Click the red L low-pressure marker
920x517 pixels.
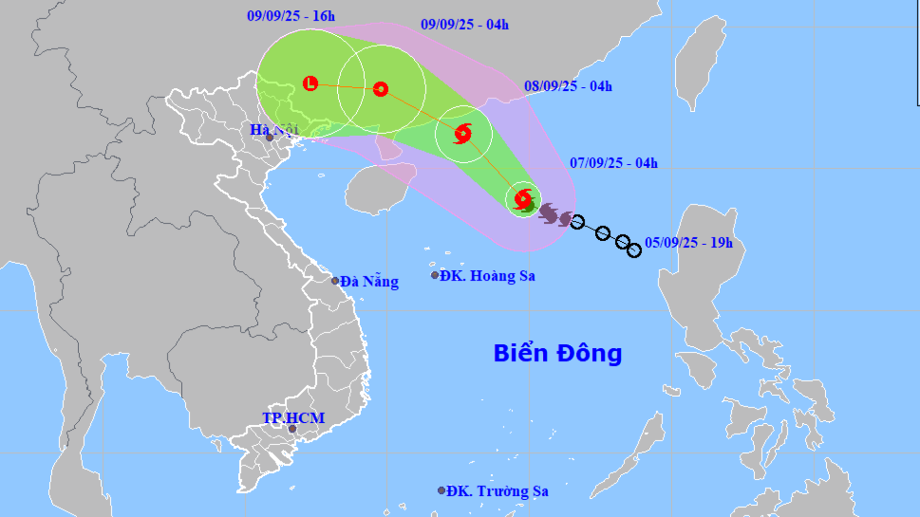tap(310, 83)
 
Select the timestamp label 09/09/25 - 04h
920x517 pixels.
tap(464, 25)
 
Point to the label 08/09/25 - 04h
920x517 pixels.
tap(568, 86)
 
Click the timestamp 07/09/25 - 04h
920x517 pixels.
tap(613, 162)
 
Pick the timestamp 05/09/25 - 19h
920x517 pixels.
tap(688, 243)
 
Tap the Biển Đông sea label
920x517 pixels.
tap(557, 354)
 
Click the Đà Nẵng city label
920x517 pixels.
tap(369, 281)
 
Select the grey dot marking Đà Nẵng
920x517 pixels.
tap(335, 281)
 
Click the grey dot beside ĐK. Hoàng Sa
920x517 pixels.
tap(436, 275)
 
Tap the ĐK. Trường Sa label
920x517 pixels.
tap(498, 491)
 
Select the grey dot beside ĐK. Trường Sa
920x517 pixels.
tap(441, 490)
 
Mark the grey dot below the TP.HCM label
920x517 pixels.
tap(291, 430)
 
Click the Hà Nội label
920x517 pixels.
tap(273, 129)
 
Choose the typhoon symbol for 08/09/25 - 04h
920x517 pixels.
tap(462, 134)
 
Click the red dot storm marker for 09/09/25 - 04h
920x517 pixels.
tap(380, 89)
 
